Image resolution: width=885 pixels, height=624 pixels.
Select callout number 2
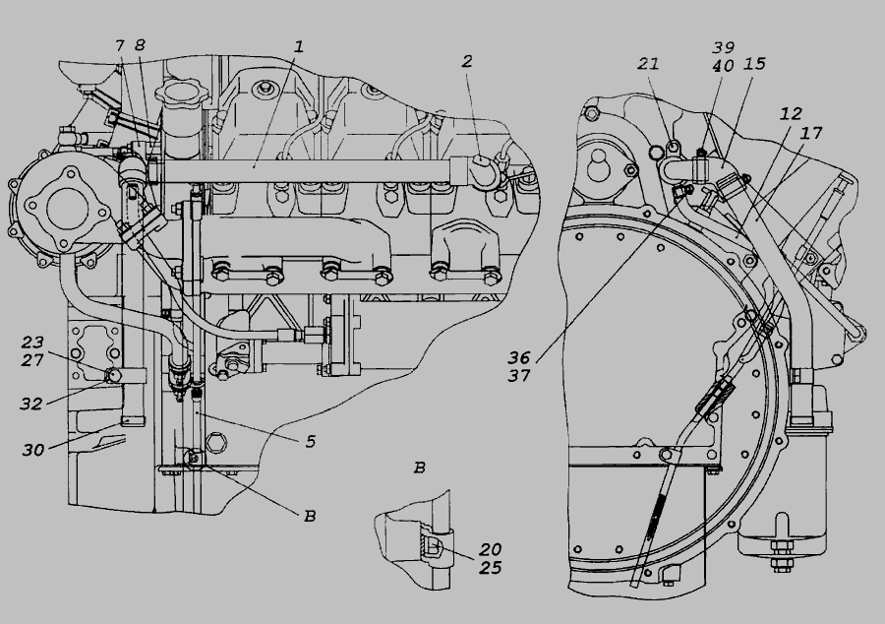coord(467,61)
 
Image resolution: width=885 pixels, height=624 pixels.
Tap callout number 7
coord(119,45)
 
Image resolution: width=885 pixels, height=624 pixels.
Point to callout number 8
coord(140,45)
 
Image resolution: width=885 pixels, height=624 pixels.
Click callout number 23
coord(33,343)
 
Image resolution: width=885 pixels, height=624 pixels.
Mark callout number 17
coord(812,132)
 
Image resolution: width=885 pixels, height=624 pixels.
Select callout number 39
coord(725,46)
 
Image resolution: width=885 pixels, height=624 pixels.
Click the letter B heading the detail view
coord(419,468)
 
